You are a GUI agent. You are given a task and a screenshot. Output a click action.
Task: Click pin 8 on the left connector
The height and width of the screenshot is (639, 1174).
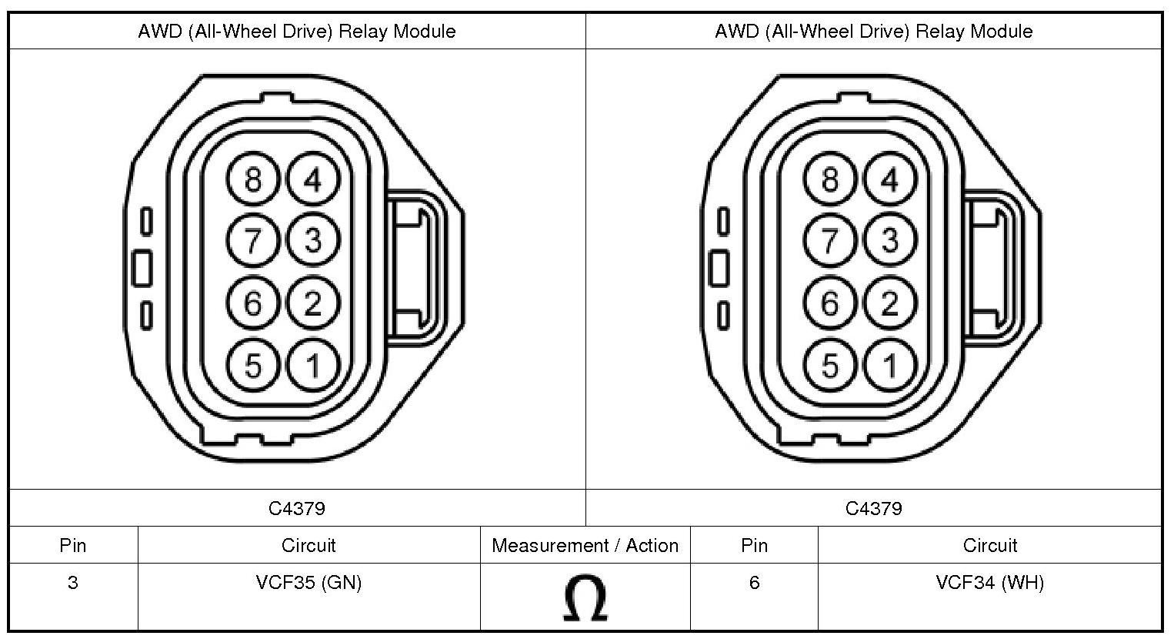253,180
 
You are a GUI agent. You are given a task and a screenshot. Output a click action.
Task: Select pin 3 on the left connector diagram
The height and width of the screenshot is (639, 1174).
313,240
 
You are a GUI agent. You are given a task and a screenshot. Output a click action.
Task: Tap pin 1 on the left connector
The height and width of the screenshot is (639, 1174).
313,365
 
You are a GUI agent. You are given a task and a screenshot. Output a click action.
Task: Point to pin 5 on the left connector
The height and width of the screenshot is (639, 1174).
253,365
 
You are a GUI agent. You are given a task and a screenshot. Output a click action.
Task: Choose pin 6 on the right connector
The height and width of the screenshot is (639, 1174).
830,303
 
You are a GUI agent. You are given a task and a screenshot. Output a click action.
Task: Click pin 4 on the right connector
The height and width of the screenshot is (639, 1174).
890,180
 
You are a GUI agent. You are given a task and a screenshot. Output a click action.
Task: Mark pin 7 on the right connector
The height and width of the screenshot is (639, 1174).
830,240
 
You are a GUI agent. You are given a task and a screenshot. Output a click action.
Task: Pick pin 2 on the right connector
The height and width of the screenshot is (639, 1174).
890,303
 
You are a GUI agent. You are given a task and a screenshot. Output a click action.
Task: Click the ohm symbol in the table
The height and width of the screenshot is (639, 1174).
585,599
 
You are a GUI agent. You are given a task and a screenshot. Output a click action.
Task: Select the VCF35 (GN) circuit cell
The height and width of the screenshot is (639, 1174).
309,583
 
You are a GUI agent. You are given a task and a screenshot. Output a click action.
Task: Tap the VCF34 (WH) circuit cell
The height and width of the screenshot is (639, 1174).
989,583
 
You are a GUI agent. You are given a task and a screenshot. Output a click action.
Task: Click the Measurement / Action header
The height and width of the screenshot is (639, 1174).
585,546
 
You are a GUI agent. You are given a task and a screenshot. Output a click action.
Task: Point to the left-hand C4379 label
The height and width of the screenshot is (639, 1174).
297,508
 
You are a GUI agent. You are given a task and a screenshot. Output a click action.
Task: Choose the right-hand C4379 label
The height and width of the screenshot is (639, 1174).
873,508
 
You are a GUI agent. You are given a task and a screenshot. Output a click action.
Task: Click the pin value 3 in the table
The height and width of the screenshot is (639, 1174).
72,583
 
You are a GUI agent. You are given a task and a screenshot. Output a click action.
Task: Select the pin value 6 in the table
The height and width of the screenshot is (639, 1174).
754,583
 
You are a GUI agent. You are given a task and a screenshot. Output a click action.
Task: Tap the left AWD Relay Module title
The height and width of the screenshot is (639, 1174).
297,32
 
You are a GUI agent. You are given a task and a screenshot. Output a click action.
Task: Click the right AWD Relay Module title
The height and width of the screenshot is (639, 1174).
873,32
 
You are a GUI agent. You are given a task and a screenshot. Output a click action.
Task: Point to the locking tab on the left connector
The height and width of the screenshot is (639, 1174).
415,266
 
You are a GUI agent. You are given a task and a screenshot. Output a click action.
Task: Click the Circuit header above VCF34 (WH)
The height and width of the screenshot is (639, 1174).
989,546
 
